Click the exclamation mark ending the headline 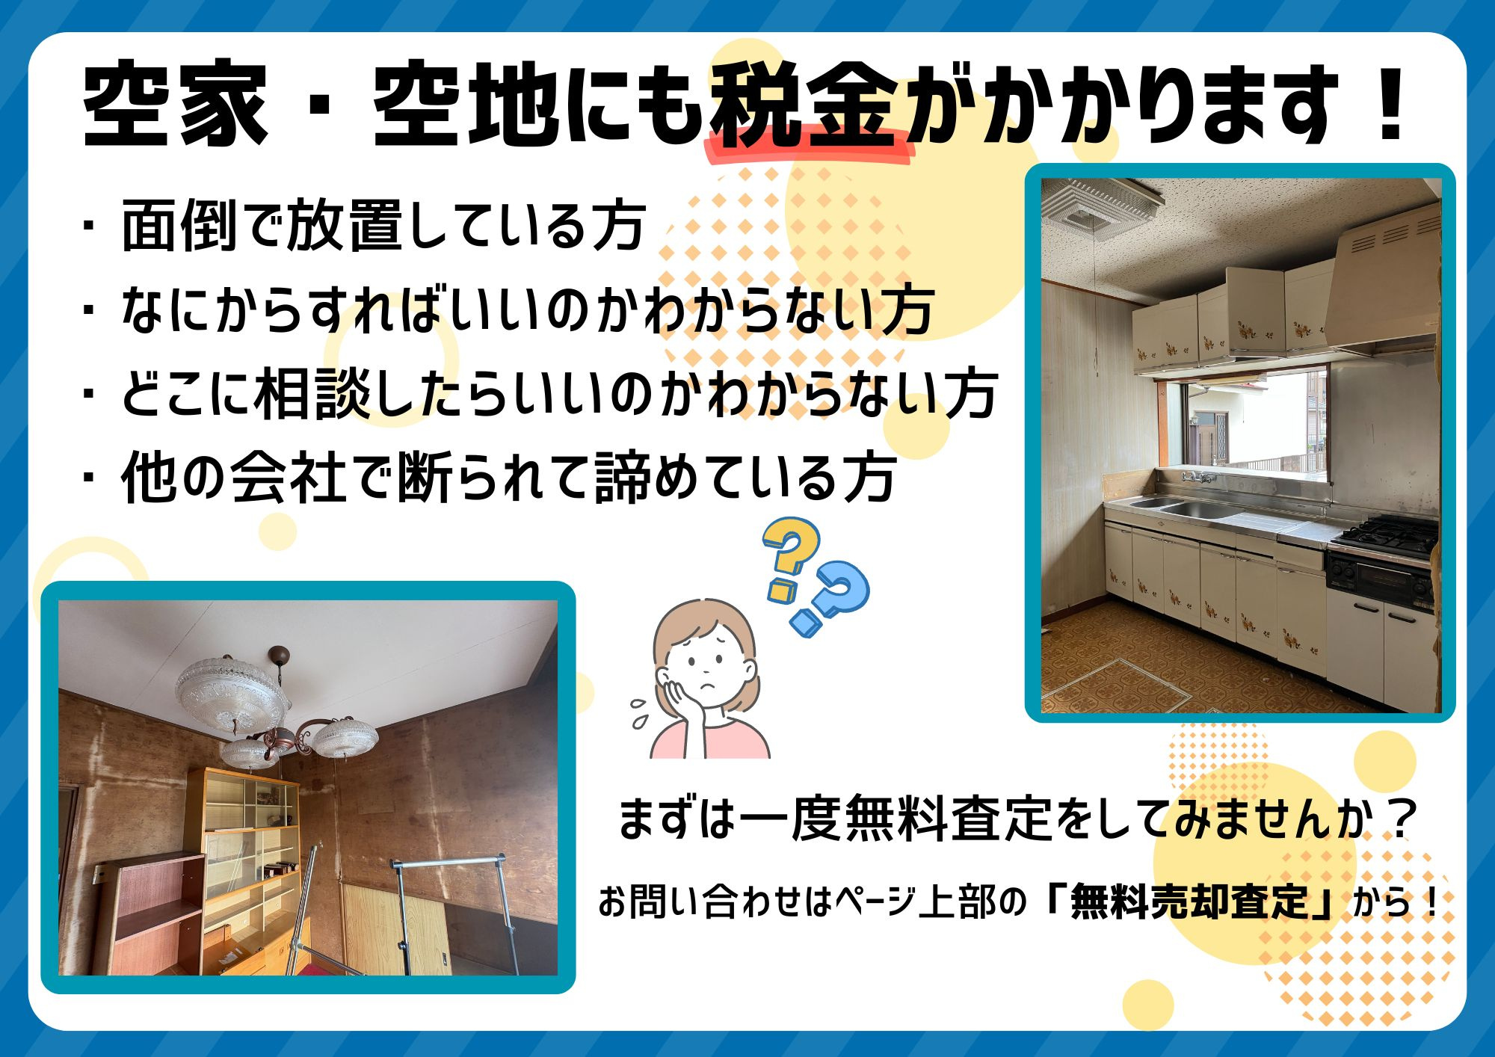click(x=1390, y=105)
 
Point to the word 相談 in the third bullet click(x=313, y=393)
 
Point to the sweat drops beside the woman click(x=640, y=712)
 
